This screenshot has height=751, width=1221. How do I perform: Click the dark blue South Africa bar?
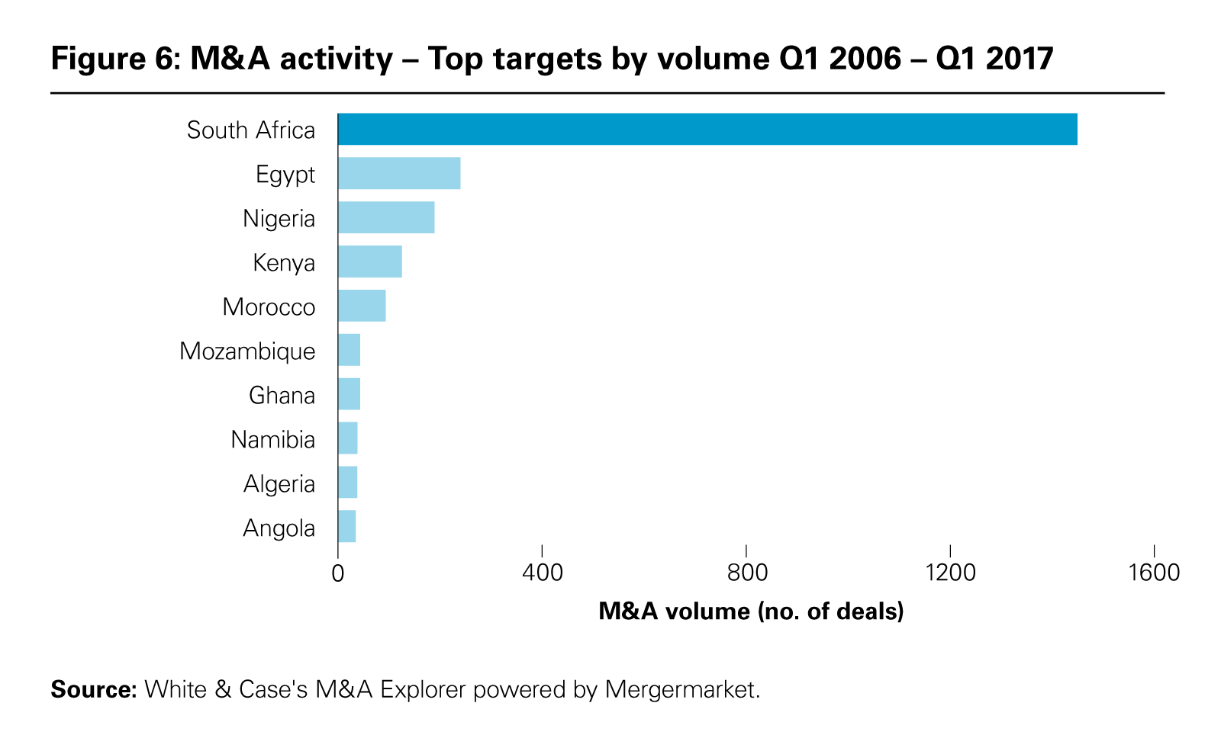pyautogui.click(x=707, y=129)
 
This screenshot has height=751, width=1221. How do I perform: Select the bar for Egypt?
pyautogui.click(x=399, y=173)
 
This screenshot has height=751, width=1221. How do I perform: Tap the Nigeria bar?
pyautogui.click(x=386, y=217)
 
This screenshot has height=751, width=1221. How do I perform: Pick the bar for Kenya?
pyautogui.click(x=370, y=262)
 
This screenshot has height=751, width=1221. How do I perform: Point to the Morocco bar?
pyautogui.click(x=362, y=306)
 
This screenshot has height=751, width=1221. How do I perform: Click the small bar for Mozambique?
pyautogui.click(x=349, y=350)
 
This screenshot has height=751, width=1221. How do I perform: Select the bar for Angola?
pyautogui.click(x=346, y=527)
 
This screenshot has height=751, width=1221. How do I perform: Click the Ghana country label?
pyautogui.click(x=282, y=396)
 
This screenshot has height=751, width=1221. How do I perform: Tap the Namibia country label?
pyautogui.click(x=272, y=440)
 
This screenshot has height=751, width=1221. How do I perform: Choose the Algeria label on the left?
pyautogui.click(x=279, y=484)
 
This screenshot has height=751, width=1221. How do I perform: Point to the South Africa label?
pyautogui.click(x=250, y=130)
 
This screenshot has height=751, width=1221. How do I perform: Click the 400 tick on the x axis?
pyautogui.click(x=542, y=573)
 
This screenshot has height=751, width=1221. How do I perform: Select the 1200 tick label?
pyautogui.click(x=950, y=573)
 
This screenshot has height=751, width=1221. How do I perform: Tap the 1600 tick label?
pyautogui.click(x=1154, y=573)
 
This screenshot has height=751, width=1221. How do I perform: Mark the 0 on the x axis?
pyautogui.click(x=337, y=573)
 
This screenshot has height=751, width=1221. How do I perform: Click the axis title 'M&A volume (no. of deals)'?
pyautogui.click(x=751, y=611)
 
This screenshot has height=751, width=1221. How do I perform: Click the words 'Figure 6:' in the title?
pyautogui.click(x=114, y=59)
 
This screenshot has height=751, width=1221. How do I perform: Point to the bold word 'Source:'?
pyautogui.click(x=93, y=689)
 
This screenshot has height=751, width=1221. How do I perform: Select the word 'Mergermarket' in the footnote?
pyautogui.click(x=681, y=689)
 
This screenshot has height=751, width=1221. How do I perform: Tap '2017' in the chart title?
pyautogui.click(x=1019, y=59)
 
